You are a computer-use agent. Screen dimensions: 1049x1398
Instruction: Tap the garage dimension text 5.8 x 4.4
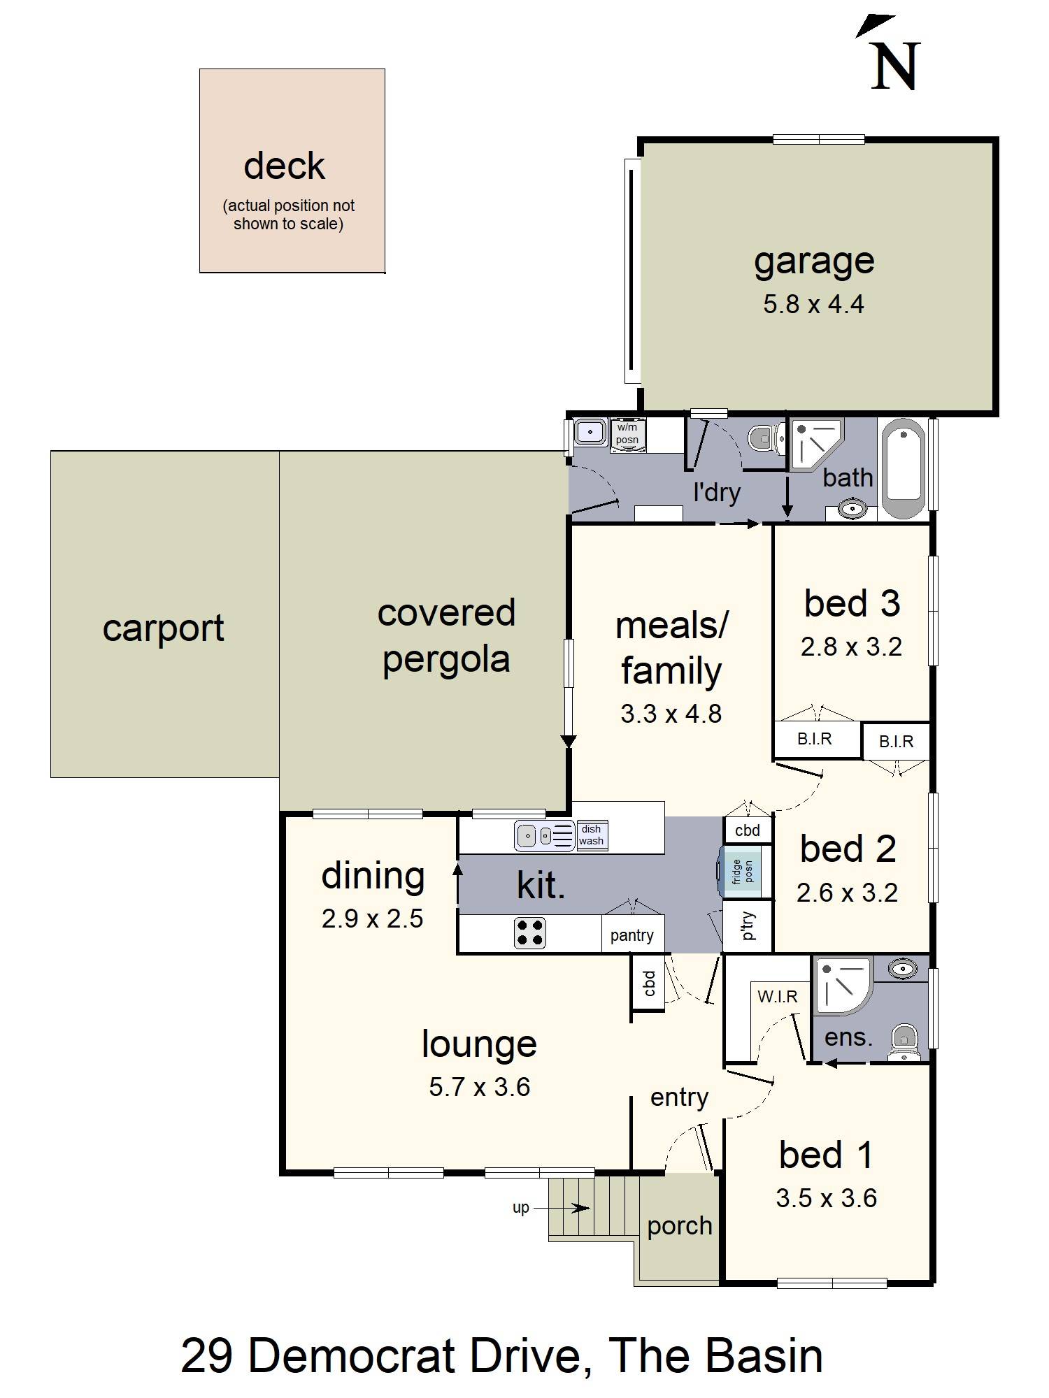click(813, 304)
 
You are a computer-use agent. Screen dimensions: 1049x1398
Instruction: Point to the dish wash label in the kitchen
click(591, 835)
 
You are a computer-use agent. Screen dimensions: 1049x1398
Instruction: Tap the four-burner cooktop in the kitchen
click(530, 932)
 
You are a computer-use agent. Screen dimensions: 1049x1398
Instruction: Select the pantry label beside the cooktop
click(631, 936)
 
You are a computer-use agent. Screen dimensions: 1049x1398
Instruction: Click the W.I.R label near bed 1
click(778, 996)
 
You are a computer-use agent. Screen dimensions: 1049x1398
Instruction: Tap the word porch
click(679, 1227)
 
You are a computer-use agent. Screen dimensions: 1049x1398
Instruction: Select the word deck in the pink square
click(284, 166)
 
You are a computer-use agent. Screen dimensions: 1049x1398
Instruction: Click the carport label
click(163, 629)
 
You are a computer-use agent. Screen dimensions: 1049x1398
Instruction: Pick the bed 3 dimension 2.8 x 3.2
click(851, 647)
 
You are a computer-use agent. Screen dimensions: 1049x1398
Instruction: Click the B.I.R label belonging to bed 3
click(815, 738)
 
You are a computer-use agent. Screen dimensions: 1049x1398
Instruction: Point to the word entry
click(679, 1098)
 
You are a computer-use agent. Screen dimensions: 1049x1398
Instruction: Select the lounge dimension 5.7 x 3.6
click(479, 1087)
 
